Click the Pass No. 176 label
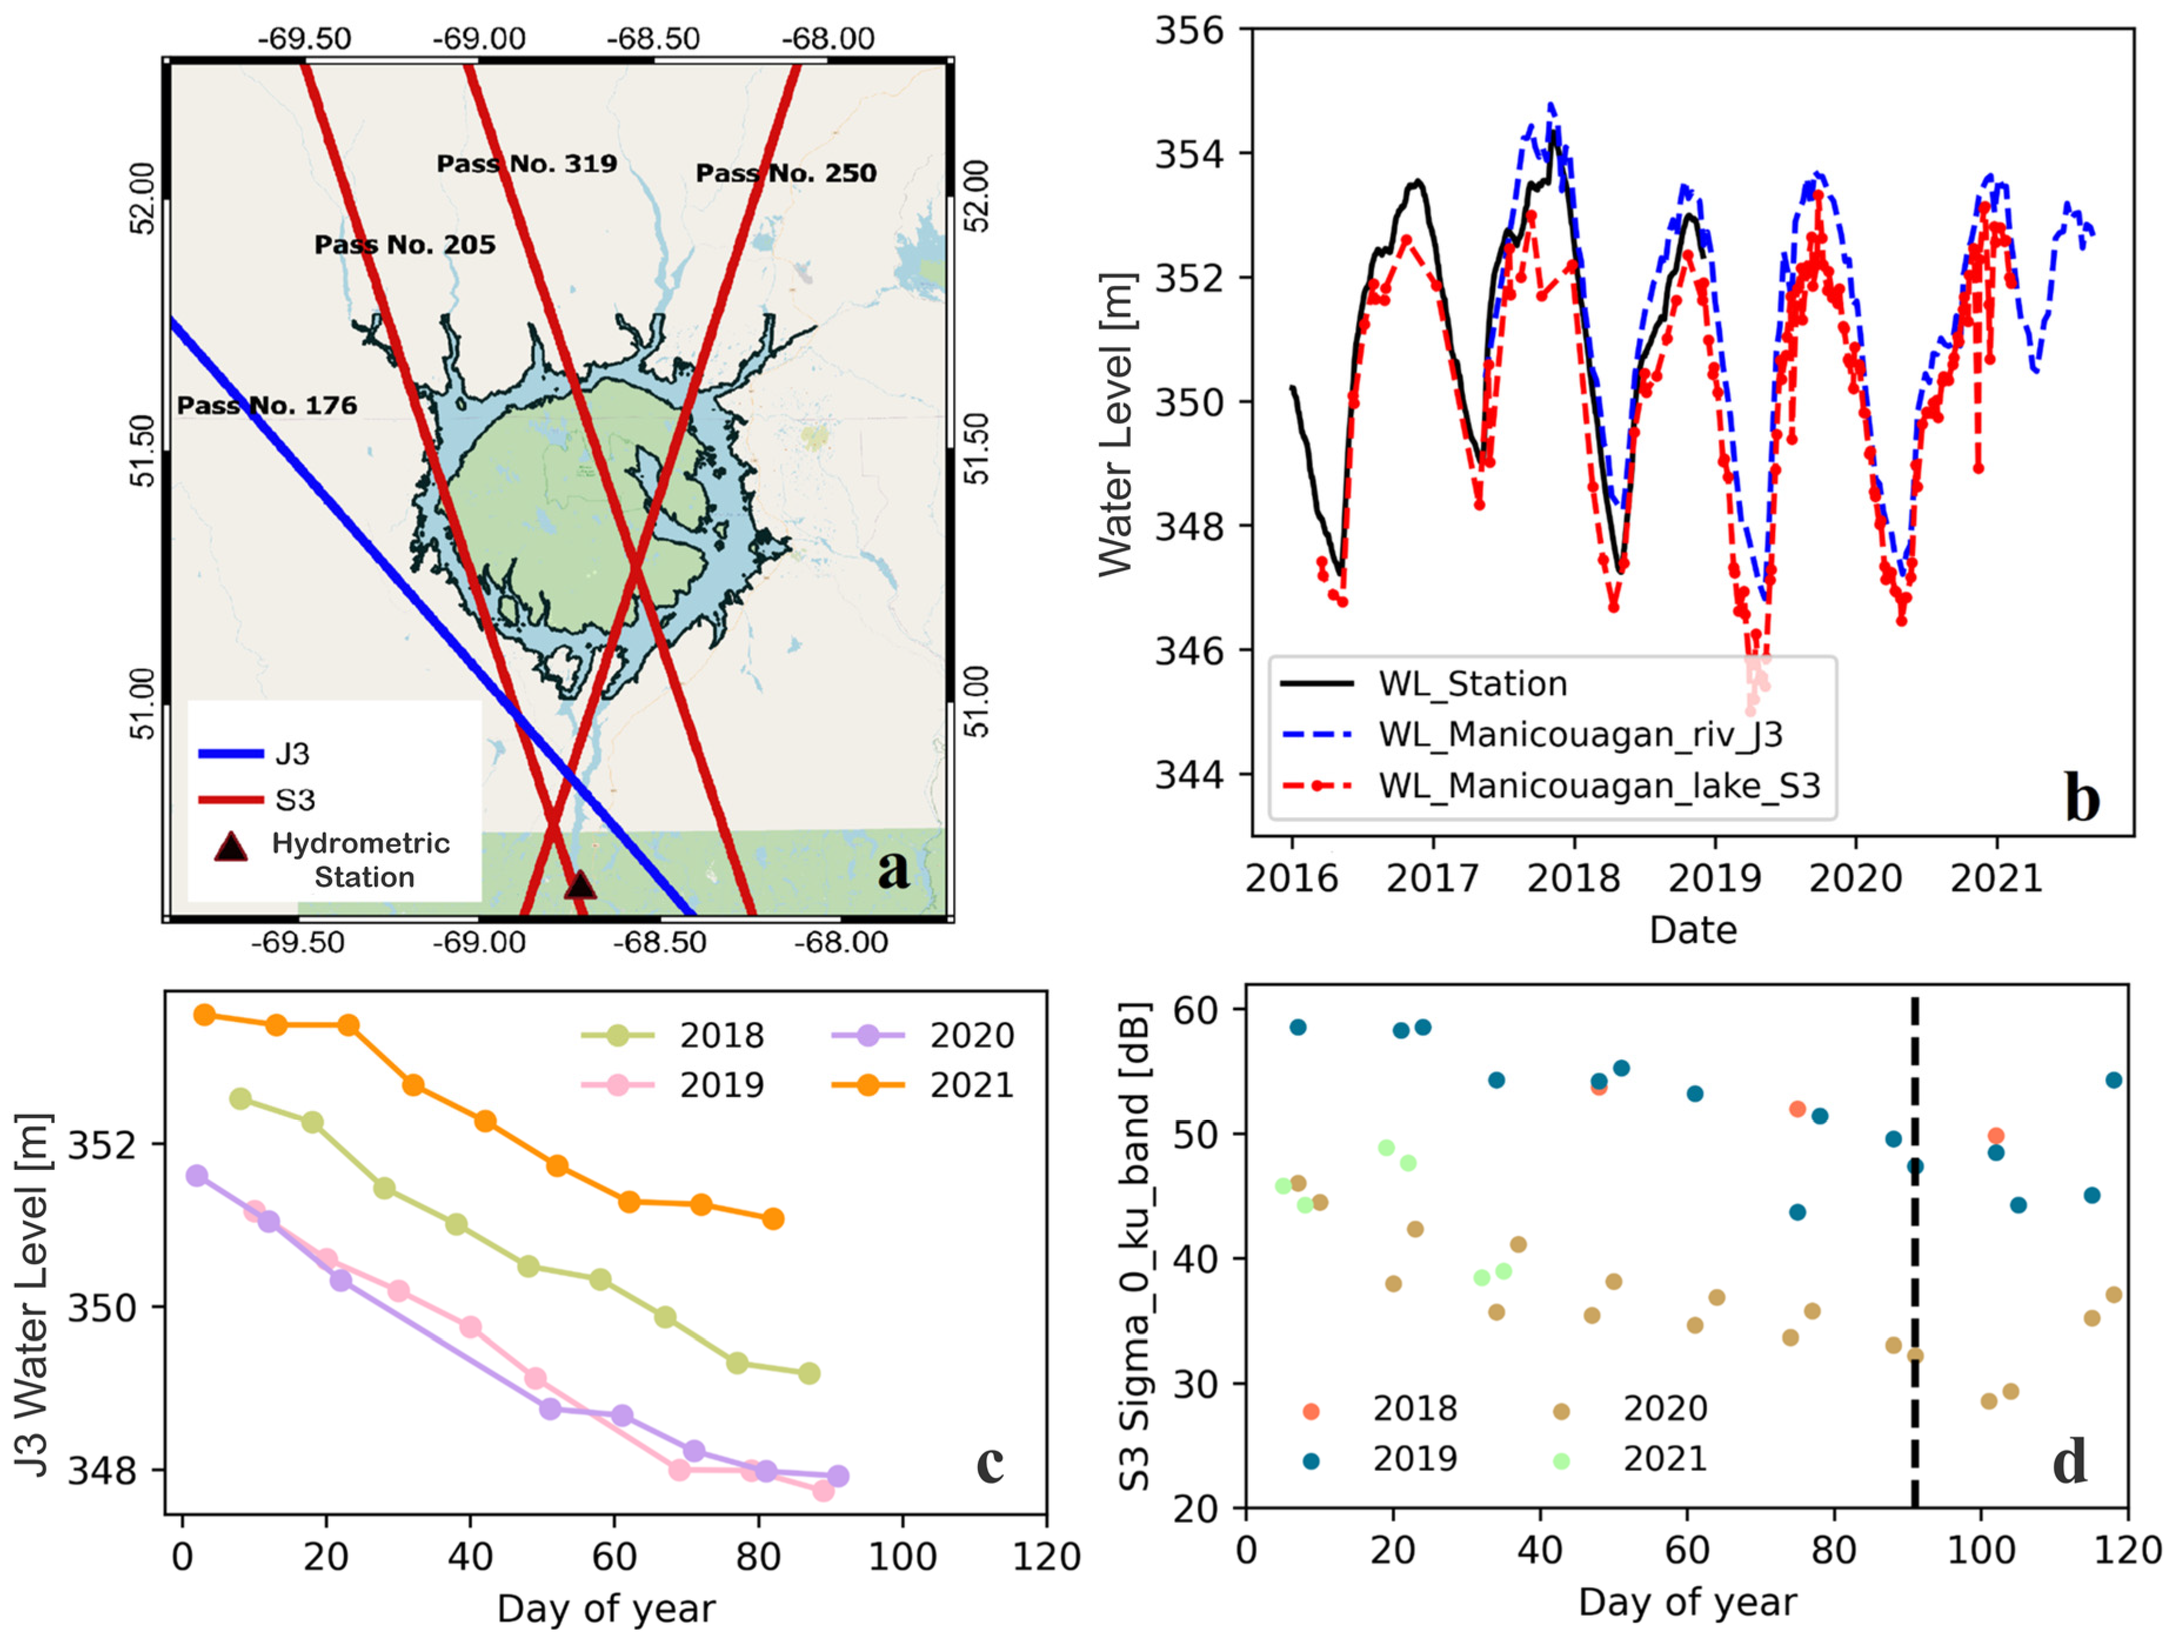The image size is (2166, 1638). coord(266,405)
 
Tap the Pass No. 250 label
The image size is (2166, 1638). coord(785,173)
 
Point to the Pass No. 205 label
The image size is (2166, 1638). coord(405,245)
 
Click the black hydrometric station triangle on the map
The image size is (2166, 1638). coord(580,885)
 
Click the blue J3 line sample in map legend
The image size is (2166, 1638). coord(231,753)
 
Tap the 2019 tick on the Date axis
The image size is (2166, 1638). coord(1714,878)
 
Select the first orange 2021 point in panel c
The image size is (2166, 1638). coord(205,1014)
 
